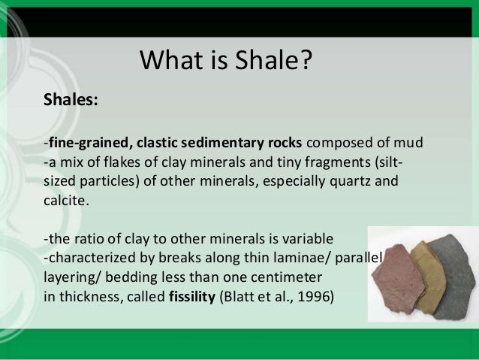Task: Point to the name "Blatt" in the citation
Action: click(x=241, y=296)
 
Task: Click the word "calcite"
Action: click(x=65, y=201)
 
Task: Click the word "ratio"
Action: click(x=89, y=239)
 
